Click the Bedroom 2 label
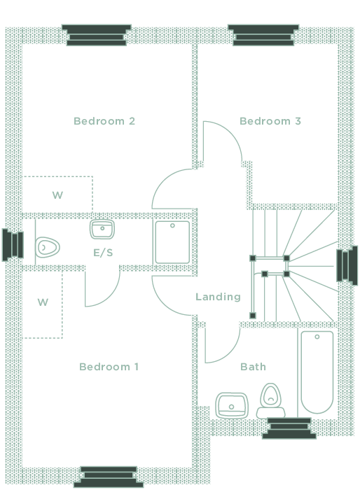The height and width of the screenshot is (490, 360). click(104, 121)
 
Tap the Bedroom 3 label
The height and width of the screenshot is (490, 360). click(270, 121)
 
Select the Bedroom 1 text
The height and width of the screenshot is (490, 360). click(109, 367)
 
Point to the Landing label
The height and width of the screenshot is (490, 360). click(218, 297)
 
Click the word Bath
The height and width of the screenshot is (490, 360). click(253, 367)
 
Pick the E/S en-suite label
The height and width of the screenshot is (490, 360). click(103, 253)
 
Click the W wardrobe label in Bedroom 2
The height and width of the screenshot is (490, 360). click(57, 195)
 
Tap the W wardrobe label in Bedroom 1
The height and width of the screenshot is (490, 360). click(43, 302)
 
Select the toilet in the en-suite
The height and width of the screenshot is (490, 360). click(47, 248)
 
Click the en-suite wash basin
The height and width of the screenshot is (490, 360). click(102, 229)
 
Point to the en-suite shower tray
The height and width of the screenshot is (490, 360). click(172, 242)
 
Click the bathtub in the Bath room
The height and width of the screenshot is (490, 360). click(317, 372)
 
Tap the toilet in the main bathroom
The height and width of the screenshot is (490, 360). click(271, 400)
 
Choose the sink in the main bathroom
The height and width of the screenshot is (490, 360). click(231, 405)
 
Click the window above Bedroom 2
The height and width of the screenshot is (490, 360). click(97, 35)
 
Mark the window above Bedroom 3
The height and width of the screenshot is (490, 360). click(263, 35)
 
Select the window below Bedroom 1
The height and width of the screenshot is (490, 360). click(109, 477)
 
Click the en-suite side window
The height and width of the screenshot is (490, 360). click(13, 245)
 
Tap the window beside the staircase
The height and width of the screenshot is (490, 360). click(347, 265)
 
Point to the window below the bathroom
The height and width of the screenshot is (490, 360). click(289, 428)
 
